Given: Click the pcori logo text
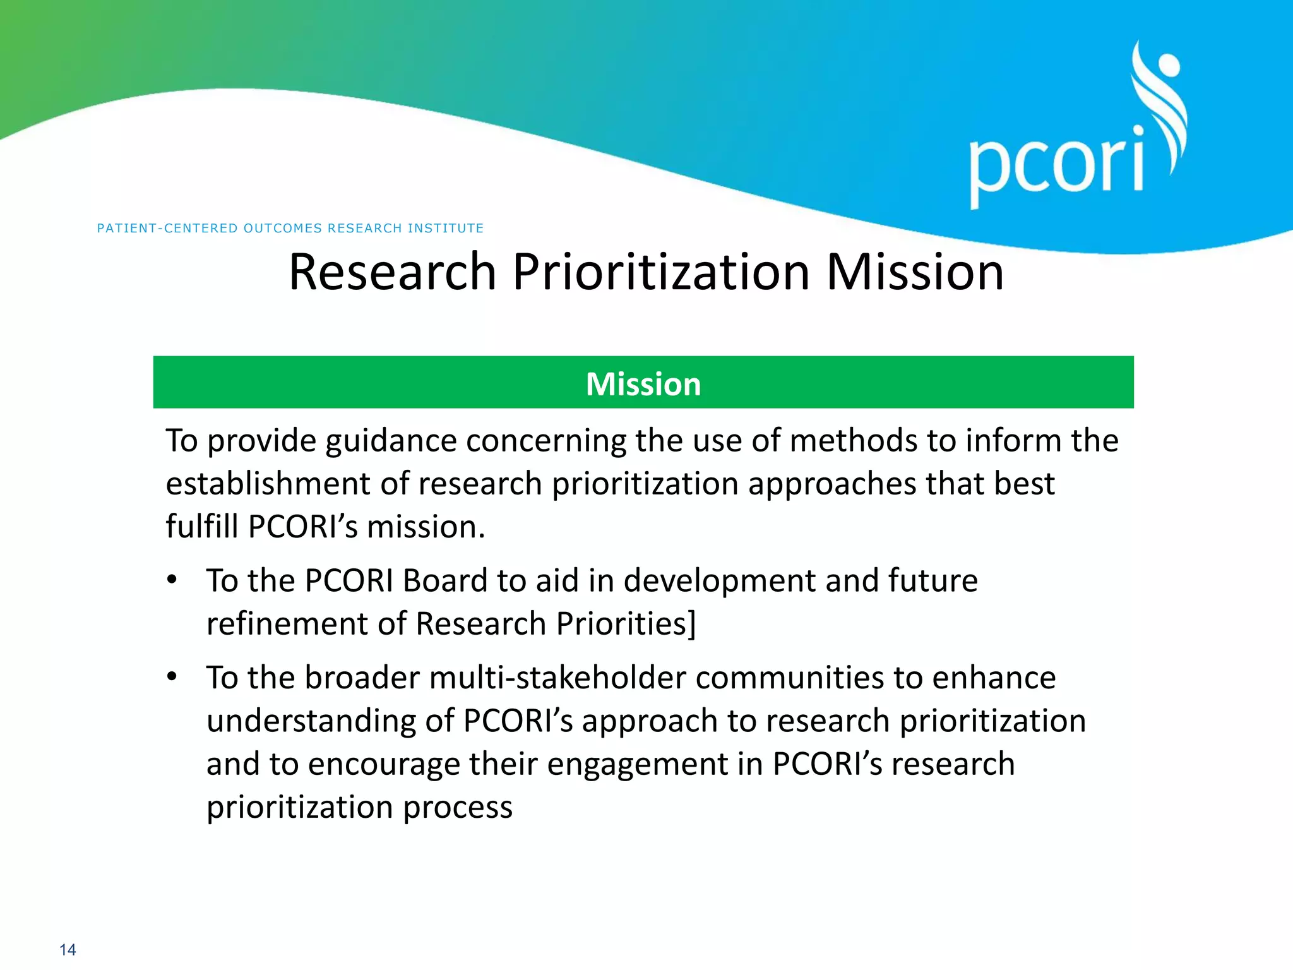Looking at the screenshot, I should pyautogui.click(x=1056, y=165).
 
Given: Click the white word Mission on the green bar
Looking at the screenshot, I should pyautogui.click(x=643, y=384).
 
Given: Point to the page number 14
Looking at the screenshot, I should pyautogui.click(x=68, y=950).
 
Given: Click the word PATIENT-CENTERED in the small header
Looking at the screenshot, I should pyautogui.click(x=167, y=228).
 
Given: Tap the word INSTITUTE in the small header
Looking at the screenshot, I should pyautogui.click(x=445, y=228).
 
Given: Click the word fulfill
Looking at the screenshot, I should pyautogui.click(x=202, y=526).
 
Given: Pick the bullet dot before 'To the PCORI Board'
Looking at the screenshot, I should pyautogui.click(x=172, y=579).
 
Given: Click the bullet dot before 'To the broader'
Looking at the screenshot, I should pyautogui.click(x=172, y=676).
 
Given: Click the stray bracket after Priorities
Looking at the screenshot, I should pyautogui.click(x=692, y=624).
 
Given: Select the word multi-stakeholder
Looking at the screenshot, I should pyautogui.click(x=557, y=678).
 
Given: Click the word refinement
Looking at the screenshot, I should pyautogui.click(x=287, y=624).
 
